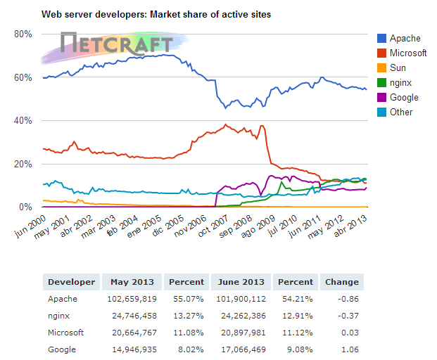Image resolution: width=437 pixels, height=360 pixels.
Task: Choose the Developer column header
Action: (x=70, y=282)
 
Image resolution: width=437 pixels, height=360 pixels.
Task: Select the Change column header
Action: (x=341, y=282)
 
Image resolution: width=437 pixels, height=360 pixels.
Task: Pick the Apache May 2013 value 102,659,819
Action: (x=135, y=299)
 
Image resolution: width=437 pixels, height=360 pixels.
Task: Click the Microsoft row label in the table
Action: (x=66, y=333)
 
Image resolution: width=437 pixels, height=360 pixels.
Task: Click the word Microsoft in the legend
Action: (x=408, y=53)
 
